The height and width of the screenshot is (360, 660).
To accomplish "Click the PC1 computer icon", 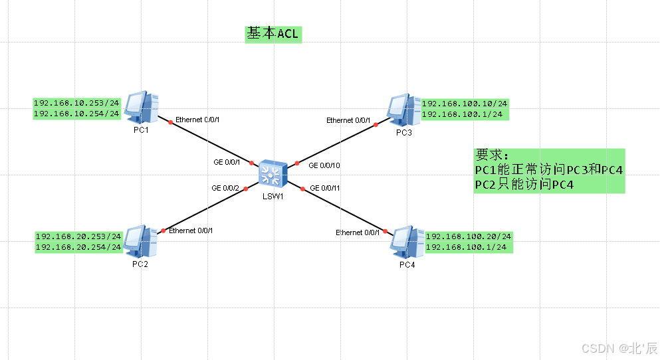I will [142, 107].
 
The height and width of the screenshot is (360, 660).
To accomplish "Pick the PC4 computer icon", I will [406, 242].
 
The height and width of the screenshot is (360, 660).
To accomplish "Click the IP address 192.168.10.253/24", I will [76, 104].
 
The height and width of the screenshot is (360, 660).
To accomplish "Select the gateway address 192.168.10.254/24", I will [76, 114].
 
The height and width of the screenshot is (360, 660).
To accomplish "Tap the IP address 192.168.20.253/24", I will [78, 237].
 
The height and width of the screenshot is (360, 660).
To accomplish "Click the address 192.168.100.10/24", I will [465, 104].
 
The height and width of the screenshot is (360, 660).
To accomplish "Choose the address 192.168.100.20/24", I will [469, 237].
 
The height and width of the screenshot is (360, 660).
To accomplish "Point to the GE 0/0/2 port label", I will [225, 189].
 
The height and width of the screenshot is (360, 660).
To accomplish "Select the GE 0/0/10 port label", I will [325, 165].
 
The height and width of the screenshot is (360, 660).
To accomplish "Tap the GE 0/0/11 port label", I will [325, 189].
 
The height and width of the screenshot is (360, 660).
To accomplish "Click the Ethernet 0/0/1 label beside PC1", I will [197, 120].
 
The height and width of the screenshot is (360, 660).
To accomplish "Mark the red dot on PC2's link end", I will [163, 231].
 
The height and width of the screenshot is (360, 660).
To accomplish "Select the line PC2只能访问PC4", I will [524, 185].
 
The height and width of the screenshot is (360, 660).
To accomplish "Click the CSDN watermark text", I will [619, 348].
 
